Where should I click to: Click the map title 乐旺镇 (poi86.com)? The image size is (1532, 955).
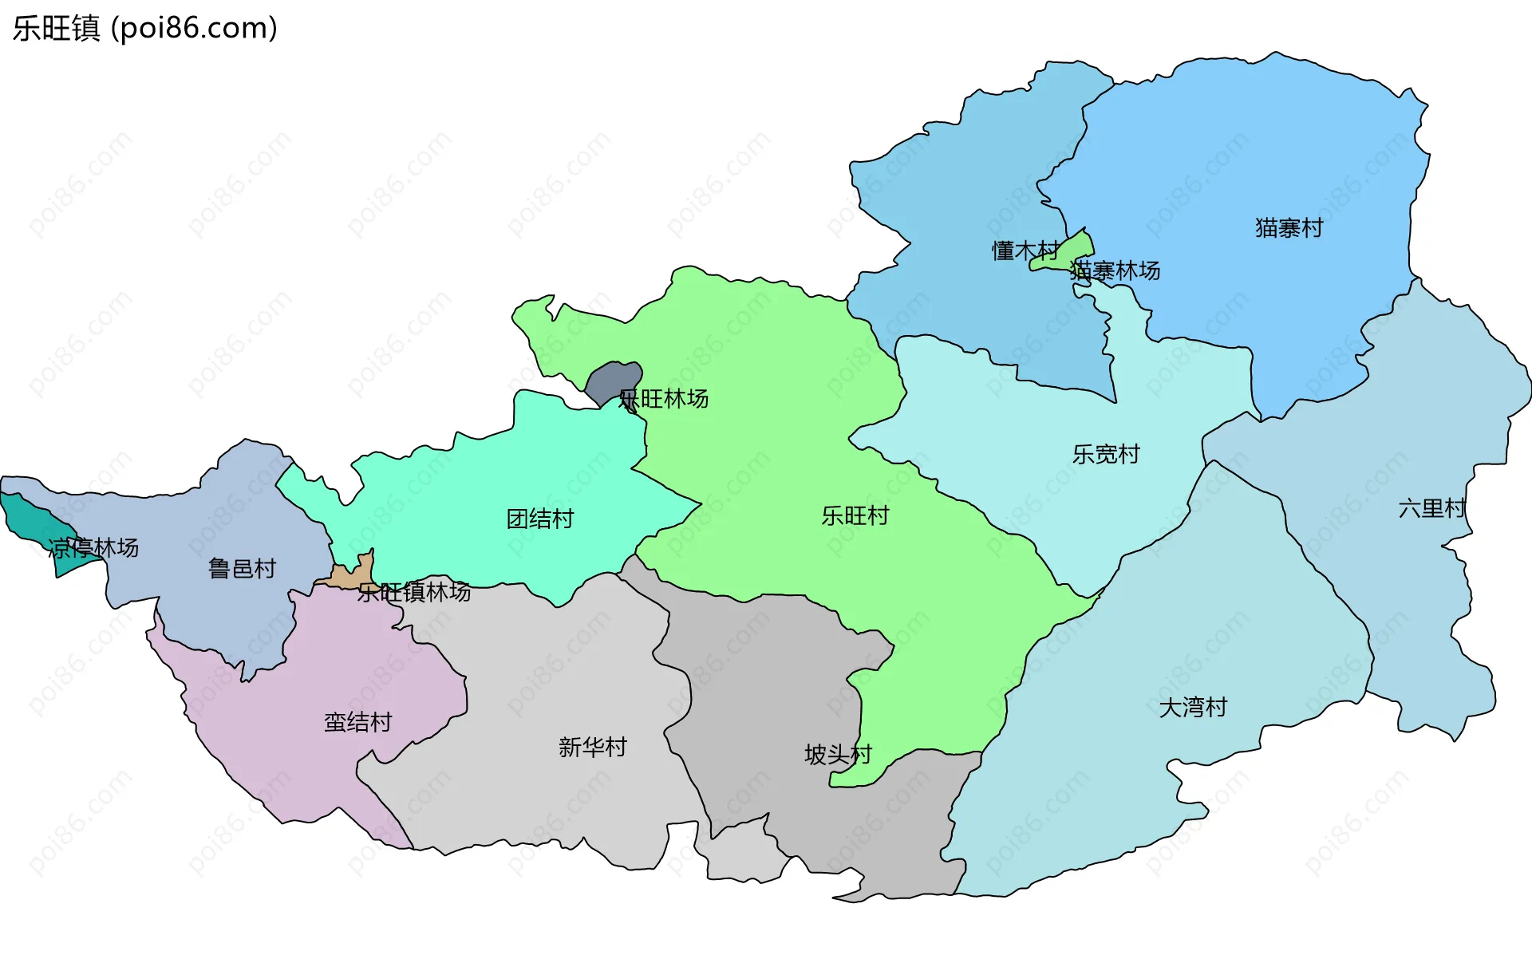point(144,29)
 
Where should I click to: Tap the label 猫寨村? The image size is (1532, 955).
point(1289,228)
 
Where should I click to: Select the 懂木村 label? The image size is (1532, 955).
point(1025,251)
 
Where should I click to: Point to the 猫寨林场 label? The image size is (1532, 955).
point(1115,271)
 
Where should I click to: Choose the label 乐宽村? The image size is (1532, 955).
point(1106,455)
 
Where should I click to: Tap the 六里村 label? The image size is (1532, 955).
point(1432,509)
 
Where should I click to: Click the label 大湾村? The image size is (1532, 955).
point(1193,708)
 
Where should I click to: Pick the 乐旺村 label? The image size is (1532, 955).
point(855,516)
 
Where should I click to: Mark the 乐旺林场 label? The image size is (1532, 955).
point(663,399)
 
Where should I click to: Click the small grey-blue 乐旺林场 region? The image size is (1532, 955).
point(613,380)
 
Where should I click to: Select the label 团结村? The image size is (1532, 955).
point(540,519)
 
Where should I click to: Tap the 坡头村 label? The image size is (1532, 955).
point(838,755)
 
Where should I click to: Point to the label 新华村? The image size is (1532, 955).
point(593,748)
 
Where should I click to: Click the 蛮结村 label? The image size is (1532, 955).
point(358,723)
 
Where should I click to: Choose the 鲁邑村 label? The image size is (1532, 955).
point(242,569)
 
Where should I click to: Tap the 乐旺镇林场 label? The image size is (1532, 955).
point(414,593)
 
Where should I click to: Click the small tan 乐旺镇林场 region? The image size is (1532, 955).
point(351,574)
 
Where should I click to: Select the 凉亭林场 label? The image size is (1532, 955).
point(93,548)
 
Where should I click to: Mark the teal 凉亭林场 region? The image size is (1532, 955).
point(32,519)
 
